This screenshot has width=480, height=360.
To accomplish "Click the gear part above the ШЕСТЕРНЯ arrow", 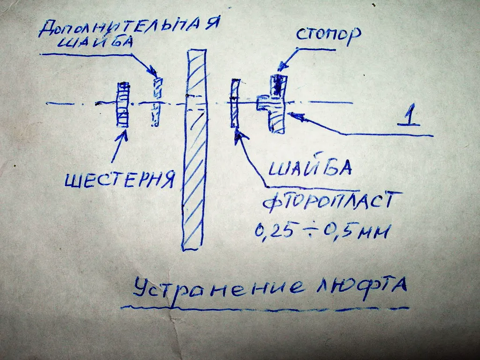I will pos(123,105).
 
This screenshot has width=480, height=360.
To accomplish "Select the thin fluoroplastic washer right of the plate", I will pos(235,104).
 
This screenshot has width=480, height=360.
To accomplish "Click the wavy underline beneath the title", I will pos(262,309).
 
